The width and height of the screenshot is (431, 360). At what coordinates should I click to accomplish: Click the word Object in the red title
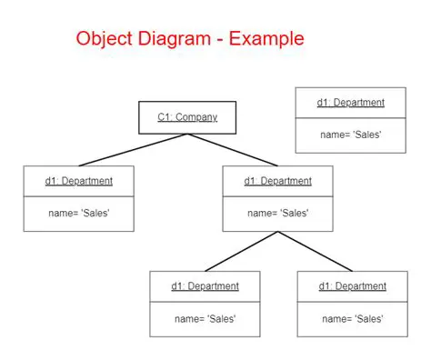pos(103,39)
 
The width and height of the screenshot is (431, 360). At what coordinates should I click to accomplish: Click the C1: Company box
pos(187,117)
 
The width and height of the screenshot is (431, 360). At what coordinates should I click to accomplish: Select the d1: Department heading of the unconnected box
pos(351,103)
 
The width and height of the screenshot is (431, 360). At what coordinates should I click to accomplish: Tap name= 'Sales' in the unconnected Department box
pos(351,135)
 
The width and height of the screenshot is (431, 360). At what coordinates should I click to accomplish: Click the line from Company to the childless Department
pos(133,150)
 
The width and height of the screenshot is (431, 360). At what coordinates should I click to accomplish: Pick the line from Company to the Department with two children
pos(233,150)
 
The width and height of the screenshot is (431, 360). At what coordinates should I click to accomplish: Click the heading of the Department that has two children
pos(277,181)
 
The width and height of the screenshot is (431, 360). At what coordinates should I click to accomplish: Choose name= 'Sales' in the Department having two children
pos(277,214)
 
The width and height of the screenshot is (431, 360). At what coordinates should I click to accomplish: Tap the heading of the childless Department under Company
pos(79,181)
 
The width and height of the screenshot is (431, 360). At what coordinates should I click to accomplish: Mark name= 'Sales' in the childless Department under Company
pos(79,214)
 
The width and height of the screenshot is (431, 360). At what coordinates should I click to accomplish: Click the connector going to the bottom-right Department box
pos(316,251)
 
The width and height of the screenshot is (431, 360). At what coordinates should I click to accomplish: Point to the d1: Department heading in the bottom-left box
pos(205,286)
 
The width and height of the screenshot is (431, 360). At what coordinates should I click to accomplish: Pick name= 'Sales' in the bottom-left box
pos(205,319)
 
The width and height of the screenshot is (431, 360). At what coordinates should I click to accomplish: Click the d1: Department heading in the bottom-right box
pos(352,286)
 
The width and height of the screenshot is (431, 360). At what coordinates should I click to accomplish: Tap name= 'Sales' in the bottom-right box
pos(352,319)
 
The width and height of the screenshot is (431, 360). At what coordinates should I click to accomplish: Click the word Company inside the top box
pos(196,117)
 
